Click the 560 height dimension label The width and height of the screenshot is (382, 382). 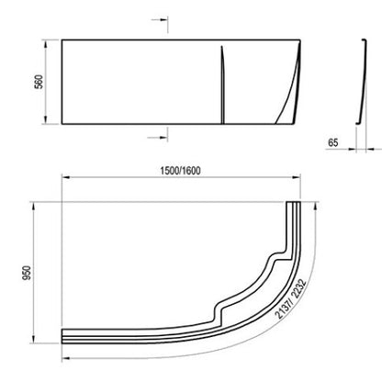(x=39, y=82)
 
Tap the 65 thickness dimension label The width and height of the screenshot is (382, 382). (x=333, y=142)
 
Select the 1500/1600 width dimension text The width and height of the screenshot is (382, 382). (x=181, y=171)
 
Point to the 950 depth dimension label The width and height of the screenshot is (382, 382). (x=27, y=273)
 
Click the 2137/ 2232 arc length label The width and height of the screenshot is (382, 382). (x=290, y=298)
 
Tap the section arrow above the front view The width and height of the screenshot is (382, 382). (x=160, y=20)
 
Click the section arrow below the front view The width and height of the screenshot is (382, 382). (x=157, y=138)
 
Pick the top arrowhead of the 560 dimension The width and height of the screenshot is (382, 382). (x=46, y=44)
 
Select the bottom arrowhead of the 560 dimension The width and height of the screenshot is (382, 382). (x=46, y=120)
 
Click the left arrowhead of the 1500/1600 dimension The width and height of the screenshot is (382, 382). (x=66, y=177)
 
